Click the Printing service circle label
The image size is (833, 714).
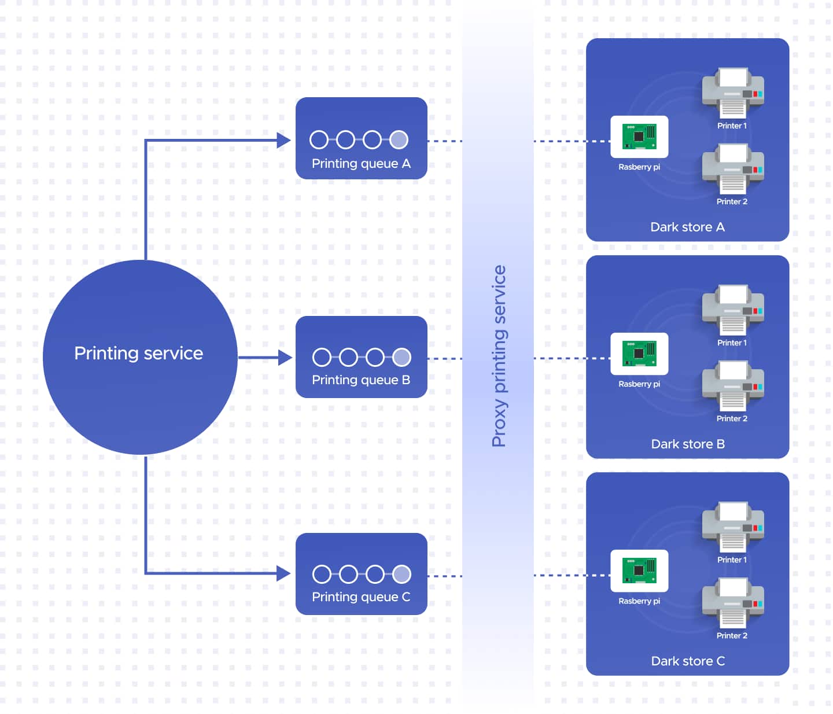click(x=139, y=354)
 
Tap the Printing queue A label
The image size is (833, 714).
click(x=361, y=164)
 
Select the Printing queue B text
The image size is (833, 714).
click(x=361, y=380)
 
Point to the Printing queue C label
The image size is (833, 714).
click(x=361, y=597)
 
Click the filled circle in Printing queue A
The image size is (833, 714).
click(x=399, y=140)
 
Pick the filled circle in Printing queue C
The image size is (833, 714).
click(x=402, y=575)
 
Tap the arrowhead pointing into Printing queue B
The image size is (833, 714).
click(x=285, y=358)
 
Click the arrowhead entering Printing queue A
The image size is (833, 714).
click(x=283, y=141)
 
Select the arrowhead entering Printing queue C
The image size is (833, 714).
click(x=283, y=573)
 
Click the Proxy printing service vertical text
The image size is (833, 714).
click(x=499, y=356)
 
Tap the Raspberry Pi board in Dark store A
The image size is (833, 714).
click(x=640, y=137)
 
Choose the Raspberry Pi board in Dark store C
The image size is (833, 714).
click(x=640, y=571)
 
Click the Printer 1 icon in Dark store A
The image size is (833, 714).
click(x=733, y=93)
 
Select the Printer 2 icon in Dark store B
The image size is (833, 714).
click(x=733, y=386)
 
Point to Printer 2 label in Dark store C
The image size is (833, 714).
click(x=732, y=636)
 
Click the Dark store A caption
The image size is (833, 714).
click(x=688, y=227)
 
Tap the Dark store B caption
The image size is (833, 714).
click(x=688, y=444)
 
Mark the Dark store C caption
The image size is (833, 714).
click(x=688, y=661)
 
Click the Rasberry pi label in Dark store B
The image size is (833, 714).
click(x=639, y=384)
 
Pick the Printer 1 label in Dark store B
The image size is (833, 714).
click(x=732, y=343)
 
